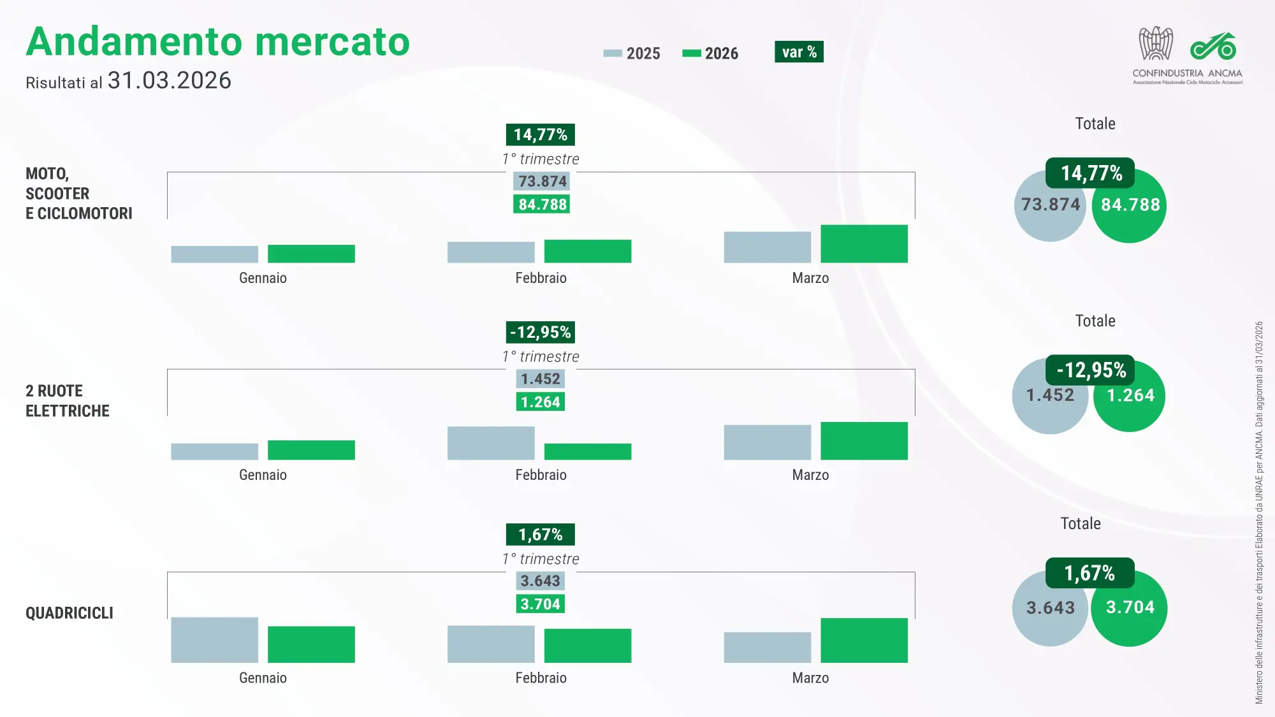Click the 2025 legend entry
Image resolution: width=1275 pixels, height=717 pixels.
pyautogui.click(x=632, y=54)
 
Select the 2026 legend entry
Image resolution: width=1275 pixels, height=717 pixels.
pyautogui.click(x=710, y=54)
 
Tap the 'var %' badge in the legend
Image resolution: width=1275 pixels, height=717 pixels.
pyautogui.click(x=799, y=52)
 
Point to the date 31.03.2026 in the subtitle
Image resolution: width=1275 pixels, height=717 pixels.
pyautogui.click(x=169, y=81)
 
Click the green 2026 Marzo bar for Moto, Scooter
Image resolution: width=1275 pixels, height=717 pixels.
pyautogui.click(x=864, y=243)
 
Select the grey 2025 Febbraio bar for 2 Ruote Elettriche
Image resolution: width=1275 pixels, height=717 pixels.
pyautogui.click(x=491, y=443)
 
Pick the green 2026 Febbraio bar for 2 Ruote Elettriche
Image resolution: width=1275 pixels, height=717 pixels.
pyautogui.click(x=588, y=451)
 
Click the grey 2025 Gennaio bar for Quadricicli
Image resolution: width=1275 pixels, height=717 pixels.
pyautogui.click(x=214, y=639)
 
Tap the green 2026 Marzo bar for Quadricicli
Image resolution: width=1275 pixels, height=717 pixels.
pyautogui.click(x=864, y=640)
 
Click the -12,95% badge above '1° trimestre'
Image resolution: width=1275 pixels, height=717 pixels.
pyautogui.click(x=541, y=332)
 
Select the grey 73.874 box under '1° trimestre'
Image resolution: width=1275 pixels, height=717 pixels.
pyautogui.click(x=542, y=182)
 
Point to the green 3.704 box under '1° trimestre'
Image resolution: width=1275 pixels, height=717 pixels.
pyautogui.click(x=540, y=604)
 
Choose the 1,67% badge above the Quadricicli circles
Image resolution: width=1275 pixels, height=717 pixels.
pyautogui.click(x=1089, y=573)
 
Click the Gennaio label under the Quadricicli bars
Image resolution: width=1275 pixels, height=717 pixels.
pyautogui.click(x=263, y=678)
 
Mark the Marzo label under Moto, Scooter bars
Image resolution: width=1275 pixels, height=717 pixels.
pyautogui.click(x=810, y=278)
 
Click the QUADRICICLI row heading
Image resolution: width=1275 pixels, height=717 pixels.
pyautogui.click(x=69, y=613)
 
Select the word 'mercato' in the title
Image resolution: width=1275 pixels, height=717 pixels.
pyautogui.click(x=331, y=42)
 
